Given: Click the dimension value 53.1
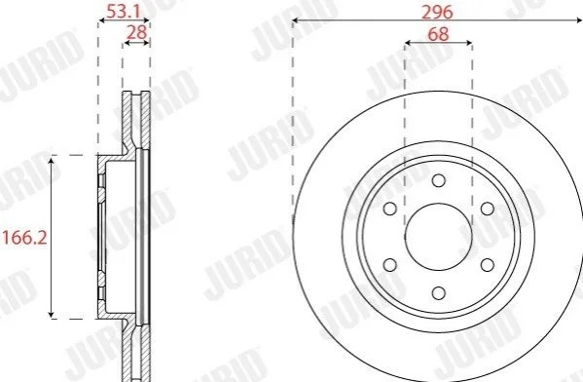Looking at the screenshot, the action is [123, 12].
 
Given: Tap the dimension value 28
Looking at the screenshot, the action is [137, 33].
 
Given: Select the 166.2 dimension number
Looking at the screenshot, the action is [25, 238].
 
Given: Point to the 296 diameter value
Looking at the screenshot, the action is [437, 13].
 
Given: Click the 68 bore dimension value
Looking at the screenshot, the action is [438, 34].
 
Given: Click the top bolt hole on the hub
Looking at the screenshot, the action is [439, 181].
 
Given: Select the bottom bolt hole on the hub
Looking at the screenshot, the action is [439, 293].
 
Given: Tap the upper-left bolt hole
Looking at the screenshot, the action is [390, 209].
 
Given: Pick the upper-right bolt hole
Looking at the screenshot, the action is [488, 209].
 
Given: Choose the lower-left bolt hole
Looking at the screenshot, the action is [390, 265].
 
